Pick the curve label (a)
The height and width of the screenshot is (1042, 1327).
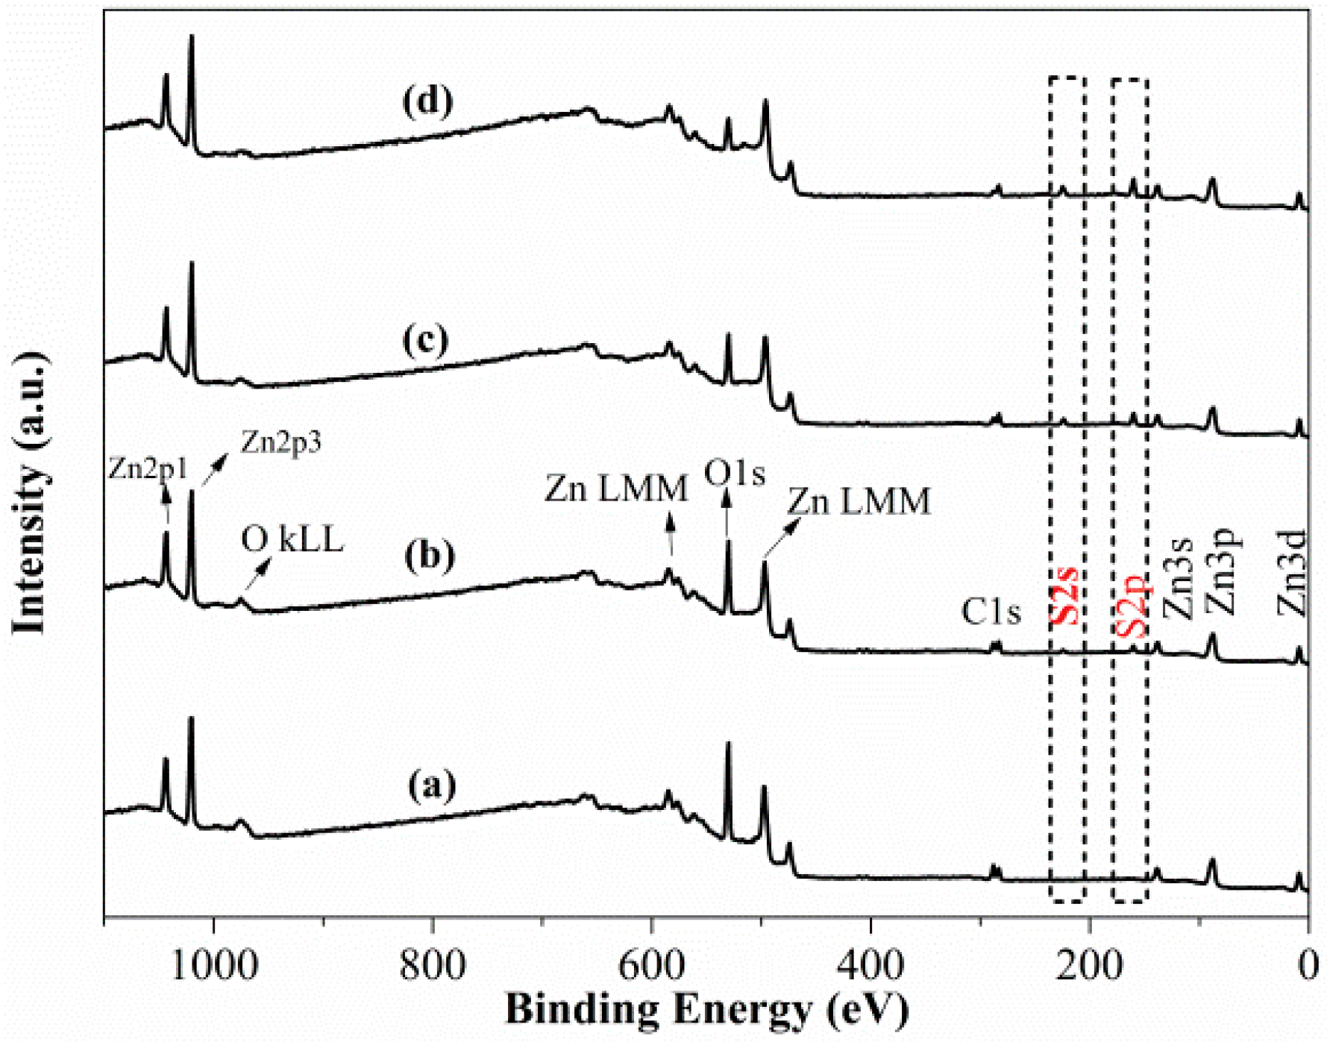(x=431, y=785)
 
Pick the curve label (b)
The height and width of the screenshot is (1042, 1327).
(x=429, y=556)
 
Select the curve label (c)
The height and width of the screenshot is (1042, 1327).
(x=425, y=340)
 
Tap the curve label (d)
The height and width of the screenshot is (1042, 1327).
(x=427, y=101)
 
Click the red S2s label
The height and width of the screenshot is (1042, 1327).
(x=1065, y=595)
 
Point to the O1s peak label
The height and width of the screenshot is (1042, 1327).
(x=735, y=473)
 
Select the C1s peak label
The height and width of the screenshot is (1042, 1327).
(x=991, y=612)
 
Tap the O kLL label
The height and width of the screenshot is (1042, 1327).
(x=292, y=539)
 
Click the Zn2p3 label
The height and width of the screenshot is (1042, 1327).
(x=280, y=442)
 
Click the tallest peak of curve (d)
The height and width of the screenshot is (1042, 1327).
(x=192, y=37)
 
